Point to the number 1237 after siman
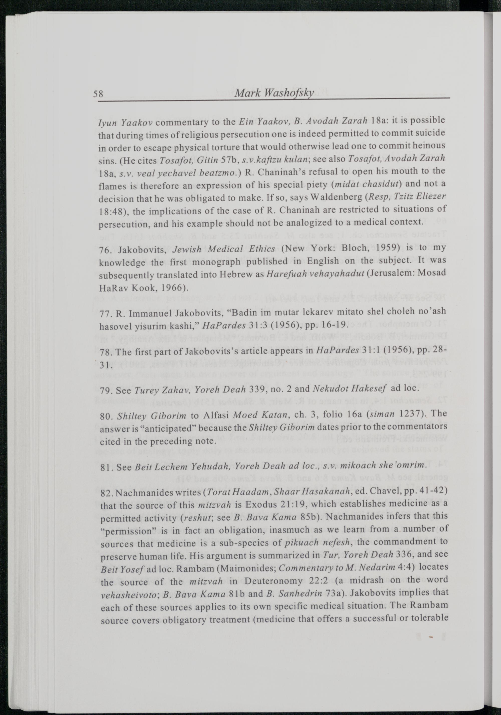pyautogui.click(x=410, y=414)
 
